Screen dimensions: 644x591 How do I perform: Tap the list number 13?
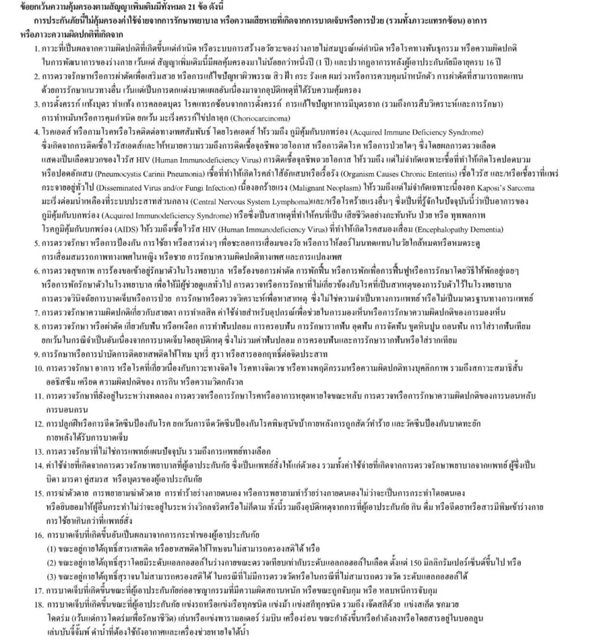pos(37,451)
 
